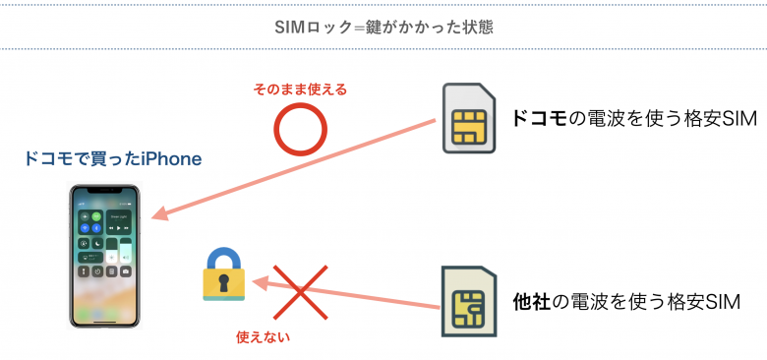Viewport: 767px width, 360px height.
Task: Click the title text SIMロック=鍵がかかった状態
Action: click(383, 27)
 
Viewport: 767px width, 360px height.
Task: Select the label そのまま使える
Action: click(300, 90)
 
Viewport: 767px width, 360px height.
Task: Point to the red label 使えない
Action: click(264, 336)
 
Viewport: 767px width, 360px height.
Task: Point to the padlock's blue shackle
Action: click(224, 258)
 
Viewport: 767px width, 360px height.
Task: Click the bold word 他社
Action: click(532, 301)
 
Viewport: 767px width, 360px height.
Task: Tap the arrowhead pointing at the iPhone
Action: click(159, 215)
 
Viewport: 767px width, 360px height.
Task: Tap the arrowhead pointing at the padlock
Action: click(258, 283)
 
